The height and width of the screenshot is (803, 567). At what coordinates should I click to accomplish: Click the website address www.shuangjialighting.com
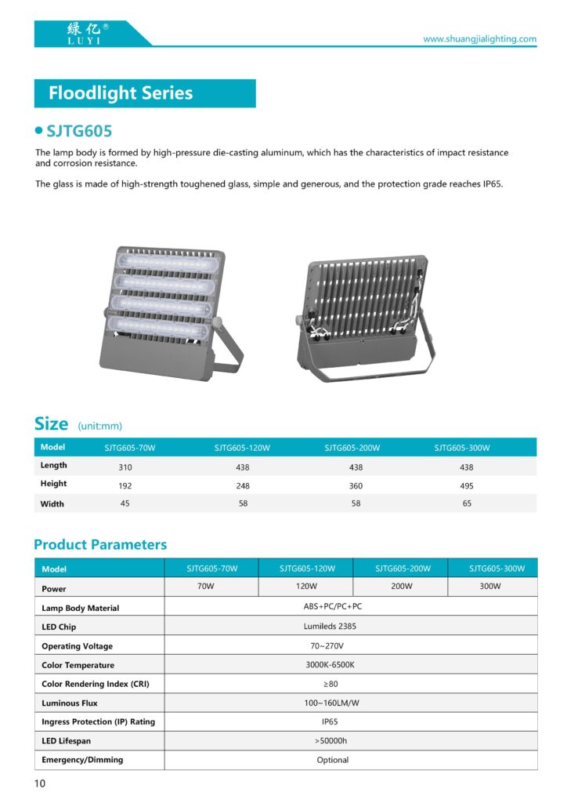click(479, 39)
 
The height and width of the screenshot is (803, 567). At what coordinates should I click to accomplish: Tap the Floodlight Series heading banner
click(145, 93)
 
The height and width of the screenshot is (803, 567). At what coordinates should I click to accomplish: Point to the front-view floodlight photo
click(165, 314)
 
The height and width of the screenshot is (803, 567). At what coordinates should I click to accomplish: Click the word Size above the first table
click(52, 424)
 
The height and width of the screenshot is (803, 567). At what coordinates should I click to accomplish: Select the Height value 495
click(467, 486)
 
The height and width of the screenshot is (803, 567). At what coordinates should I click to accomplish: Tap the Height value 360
click(356, 486)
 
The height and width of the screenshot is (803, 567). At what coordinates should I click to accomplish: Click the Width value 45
click(125, 503)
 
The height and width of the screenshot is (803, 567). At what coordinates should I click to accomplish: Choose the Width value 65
click(467, 504)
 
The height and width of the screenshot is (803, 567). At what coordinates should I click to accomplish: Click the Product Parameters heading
click(100, 545)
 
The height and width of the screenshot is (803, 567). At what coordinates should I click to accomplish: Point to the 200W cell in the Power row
click(401, 587)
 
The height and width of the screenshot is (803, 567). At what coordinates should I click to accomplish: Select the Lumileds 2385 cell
click(333, 627)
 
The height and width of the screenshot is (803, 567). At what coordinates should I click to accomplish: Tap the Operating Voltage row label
click(77, 646)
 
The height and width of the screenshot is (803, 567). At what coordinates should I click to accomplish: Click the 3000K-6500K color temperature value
click(333, 665)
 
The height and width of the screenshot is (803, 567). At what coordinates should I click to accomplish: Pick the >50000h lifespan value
click(333, 741)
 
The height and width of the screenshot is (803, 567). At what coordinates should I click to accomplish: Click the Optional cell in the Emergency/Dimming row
click(333, 760)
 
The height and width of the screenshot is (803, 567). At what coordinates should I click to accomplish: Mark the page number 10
click(40, 784)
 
